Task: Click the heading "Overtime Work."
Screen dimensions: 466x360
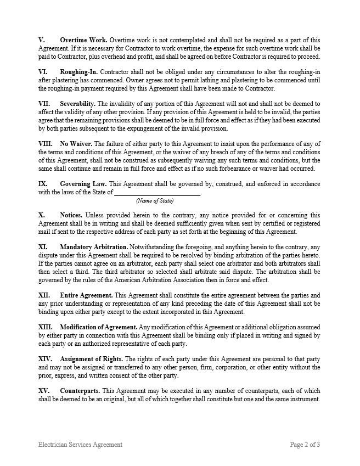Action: tap(83, 41)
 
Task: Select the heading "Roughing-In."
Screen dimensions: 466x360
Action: tap(80, 72)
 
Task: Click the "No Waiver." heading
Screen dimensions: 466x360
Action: tap(76, 144)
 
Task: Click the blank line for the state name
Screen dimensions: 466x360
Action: tap(157, 193)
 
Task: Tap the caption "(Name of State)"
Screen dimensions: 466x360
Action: tap(155, 201)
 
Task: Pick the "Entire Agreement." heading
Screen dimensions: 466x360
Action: tap(86, 295)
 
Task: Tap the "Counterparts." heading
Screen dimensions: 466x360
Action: tap(80, 391)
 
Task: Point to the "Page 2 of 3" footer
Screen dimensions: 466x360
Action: tap(305, 445)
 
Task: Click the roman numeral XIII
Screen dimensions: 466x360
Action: tap(45, 327)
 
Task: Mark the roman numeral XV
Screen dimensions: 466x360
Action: tap(43, 391)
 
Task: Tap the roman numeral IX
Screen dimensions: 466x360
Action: tap(43, 183)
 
